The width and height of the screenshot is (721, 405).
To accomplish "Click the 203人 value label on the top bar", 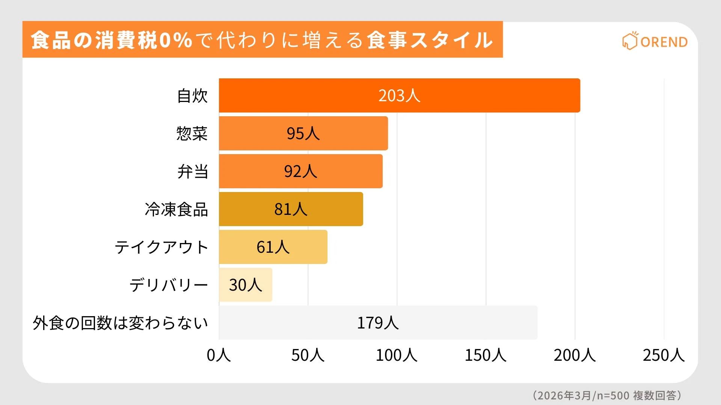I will [399, 96].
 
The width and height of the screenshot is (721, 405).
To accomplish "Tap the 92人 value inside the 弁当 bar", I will [300, 171].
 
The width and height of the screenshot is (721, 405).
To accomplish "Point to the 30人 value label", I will [245, 285].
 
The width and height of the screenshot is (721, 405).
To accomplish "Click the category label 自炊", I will [192, 96].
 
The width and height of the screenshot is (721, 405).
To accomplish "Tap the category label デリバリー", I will [169, 285].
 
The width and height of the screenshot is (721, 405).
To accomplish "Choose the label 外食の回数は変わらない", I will [120, 323].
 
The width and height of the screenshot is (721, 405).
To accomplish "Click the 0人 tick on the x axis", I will [219, 355].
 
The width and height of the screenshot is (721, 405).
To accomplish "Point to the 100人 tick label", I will [397, 355].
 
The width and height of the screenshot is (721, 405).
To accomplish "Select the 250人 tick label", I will [664, 355].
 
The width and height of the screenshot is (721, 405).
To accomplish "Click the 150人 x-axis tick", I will [486, 355].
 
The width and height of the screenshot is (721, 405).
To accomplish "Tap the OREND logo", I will [655, 41].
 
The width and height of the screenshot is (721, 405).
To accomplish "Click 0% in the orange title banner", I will [176, 40].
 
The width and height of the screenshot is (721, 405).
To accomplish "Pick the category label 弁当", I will [193, 171].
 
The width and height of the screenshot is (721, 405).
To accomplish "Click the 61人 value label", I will [273, 247].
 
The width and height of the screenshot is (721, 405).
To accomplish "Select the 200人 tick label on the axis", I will [575, 355].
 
